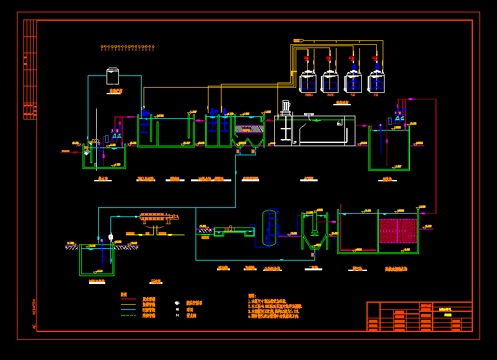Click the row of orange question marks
point(127,47)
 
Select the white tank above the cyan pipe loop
point(113,75)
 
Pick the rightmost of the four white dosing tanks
point(377,81)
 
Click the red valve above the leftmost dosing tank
point(306,59)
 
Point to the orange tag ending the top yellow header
point(299,40)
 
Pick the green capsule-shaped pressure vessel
point(269,227)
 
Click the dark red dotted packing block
point(397,231)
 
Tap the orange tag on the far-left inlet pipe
point(66,151)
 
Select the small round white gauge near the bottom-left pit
point(111,237)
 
